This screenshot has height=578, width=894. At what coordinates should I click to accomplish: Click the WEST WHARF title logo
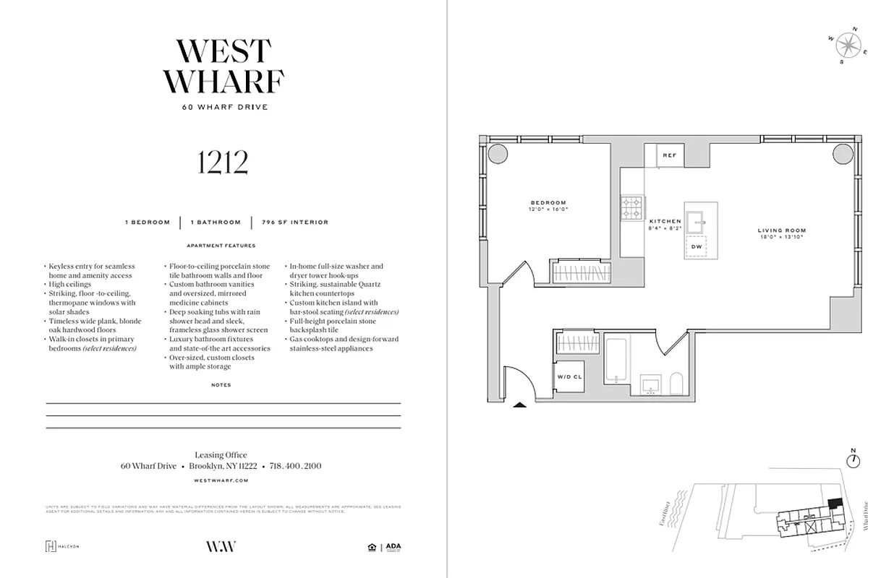pyautogui.click(x=223, y=66)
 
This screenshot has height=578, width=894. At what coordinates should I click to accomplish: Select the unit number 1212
pyautogui.click(x=223, y=163)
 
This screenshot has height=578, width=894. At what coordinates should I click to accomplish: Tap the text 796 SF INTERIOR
pyautogui.click(x=294, y=222)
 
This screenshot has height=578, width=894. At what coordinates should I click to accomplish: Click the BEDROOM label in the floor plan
pyautogui.click(x=548, y=203)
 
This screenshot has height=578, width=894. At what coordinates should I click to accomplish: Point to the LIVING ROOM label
pyautogui.click(x=781, y=230)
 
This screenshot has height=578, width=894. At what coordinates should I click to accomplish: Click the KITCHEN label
pyautogui.click(x=665, y=221)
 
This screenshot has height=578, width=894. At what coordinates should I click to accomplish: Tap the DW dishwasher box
pyautogui.click(x=697, y=247)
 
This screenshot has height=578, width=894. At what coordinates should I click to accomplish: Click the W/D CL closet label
pyautogui.click(x=570, y=377)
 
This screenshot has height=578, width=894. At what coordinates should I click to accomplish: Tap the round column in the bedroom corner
pyautogui.click(x=498, y=154)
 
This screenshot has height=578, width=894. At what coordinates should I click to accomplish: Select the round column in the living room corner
pyautogui.click(x=842, y=154)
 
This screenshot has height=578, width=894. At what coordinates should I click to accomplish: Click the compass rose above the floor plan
pyautogui.click(x=847, y=46)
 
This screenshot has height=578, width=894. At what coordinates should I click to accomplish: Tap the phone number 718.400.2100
pyautogui.click(x=295, y=466)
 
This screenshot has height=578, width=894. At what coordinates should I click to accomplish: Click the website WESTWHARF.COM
pyautogui.click(x=221, y=480)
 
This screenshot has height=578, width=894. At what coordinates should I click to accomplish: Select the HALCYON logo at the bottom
pyautogui.click(x=62, y=546)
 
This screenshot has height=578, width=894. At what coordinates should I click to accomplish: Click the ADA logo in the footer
pyautogui.click(x=393, y=547)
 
